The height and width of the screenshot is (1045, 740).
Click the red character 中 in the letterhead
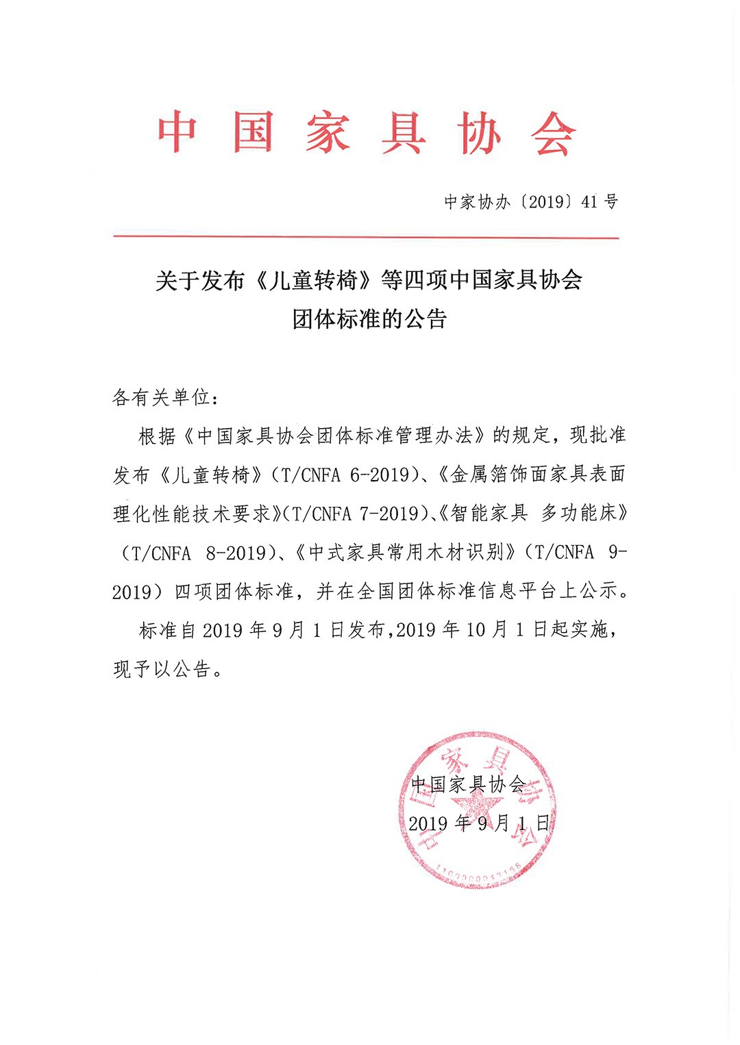177,131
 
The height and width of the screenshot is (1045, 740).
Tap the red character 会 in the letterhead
553,134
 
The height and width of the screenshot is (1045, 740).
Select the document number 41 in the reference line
589,202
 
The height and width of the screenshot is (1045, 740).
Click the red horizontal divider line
366,238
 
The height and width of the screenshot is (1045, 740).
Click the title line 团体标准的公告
369,319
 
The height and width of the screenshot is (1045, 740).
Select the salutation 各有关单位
161,397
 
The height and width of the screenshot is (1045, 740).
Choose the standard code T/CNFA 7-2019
356,514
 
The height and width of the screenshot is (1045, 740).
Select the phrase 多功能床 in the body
579,514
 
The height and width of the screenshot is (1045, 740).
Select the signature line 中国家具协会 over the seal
468,784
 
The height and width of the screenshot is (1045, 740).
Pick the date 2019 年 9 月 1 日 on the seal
479,823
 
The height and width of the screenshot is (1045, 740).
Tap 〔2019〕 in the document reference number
546,202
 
